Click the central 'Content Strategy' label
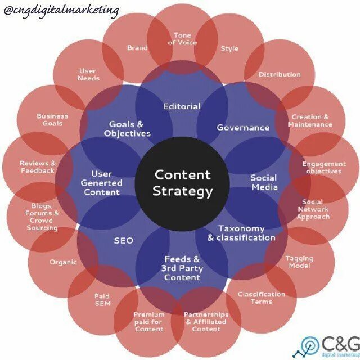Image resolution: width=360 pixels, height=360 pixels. coord(183,183)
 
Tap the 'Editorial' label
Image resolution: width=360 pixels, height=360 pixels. coord(182,106)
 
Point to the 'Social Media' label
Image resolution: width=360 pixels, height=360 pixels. coord(264,182)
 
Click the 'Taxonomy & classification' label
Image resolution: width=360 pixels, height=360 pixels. coord(241,233)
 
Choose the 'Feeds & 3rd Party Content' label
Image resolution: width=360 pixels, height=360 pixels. coord(182,268)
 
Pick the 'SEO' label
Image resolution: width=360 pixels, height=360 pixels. coord(123,240)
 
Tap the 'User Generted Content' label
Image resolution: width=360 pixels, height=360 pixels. coord(102,183)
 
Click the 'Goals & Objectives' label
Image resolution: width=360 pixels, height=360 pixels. coord(127,129)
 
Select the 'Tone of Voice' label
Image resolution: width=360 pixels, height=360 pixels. coord(182,39)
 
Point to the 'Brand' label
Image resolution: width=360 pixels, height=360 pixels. coord(137,48)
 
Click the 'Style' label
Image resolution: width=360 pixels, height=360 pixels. coord(229,48)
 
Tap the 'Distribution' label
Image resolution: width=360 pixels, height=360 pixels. coord(280,74)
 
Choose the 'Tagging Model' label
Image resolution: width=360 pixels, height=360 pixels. coord(299,262)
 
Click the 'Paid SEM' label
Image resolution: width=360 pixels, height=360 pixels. coord(102,299)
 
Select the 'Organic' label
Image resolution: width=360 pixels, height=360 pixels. coord(63,262)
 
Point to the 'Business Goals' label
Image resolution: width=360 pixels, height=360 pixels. coord(52,120)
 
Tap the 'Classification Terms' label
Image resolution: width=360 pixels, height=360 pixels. coord(261,298)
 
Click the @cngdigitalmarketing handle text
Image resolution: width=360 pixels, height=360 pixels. coord(61,10)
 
